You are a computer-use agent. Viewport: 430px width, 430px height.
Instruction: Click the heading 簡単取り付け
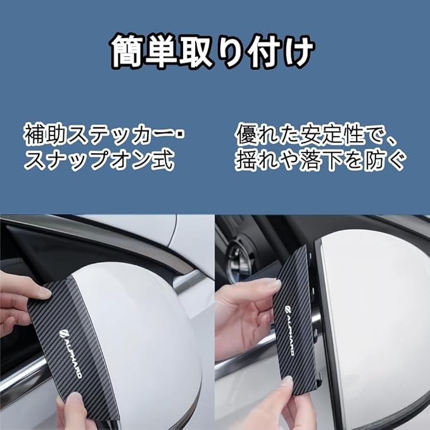tap(213, 51)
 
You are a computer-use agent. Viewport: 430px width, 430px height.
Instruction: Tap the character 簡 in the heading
tap(127, 51)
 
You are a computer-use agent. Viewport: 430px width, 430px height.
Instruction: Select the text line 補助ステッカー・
tap(104, 134)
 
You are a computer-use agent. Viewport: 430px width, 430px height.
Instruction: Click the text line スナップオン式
tap(99, 160)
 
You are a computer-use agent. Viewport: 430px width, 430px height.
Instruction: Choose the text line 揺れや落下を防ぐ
tap(320, 160)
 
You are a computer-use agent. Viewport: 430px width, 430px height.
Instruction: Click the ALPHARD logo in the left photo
tap(70, 354)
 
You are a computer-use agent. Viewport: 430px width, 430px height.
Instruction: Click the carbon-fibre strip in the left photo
tap(72, 348)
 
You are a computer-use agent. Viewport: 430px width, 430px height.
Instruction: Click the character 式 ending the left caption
tap(163, 160)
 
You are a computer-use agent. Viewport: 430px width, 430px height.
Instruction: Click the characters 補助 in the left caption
tap(45, 134)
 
